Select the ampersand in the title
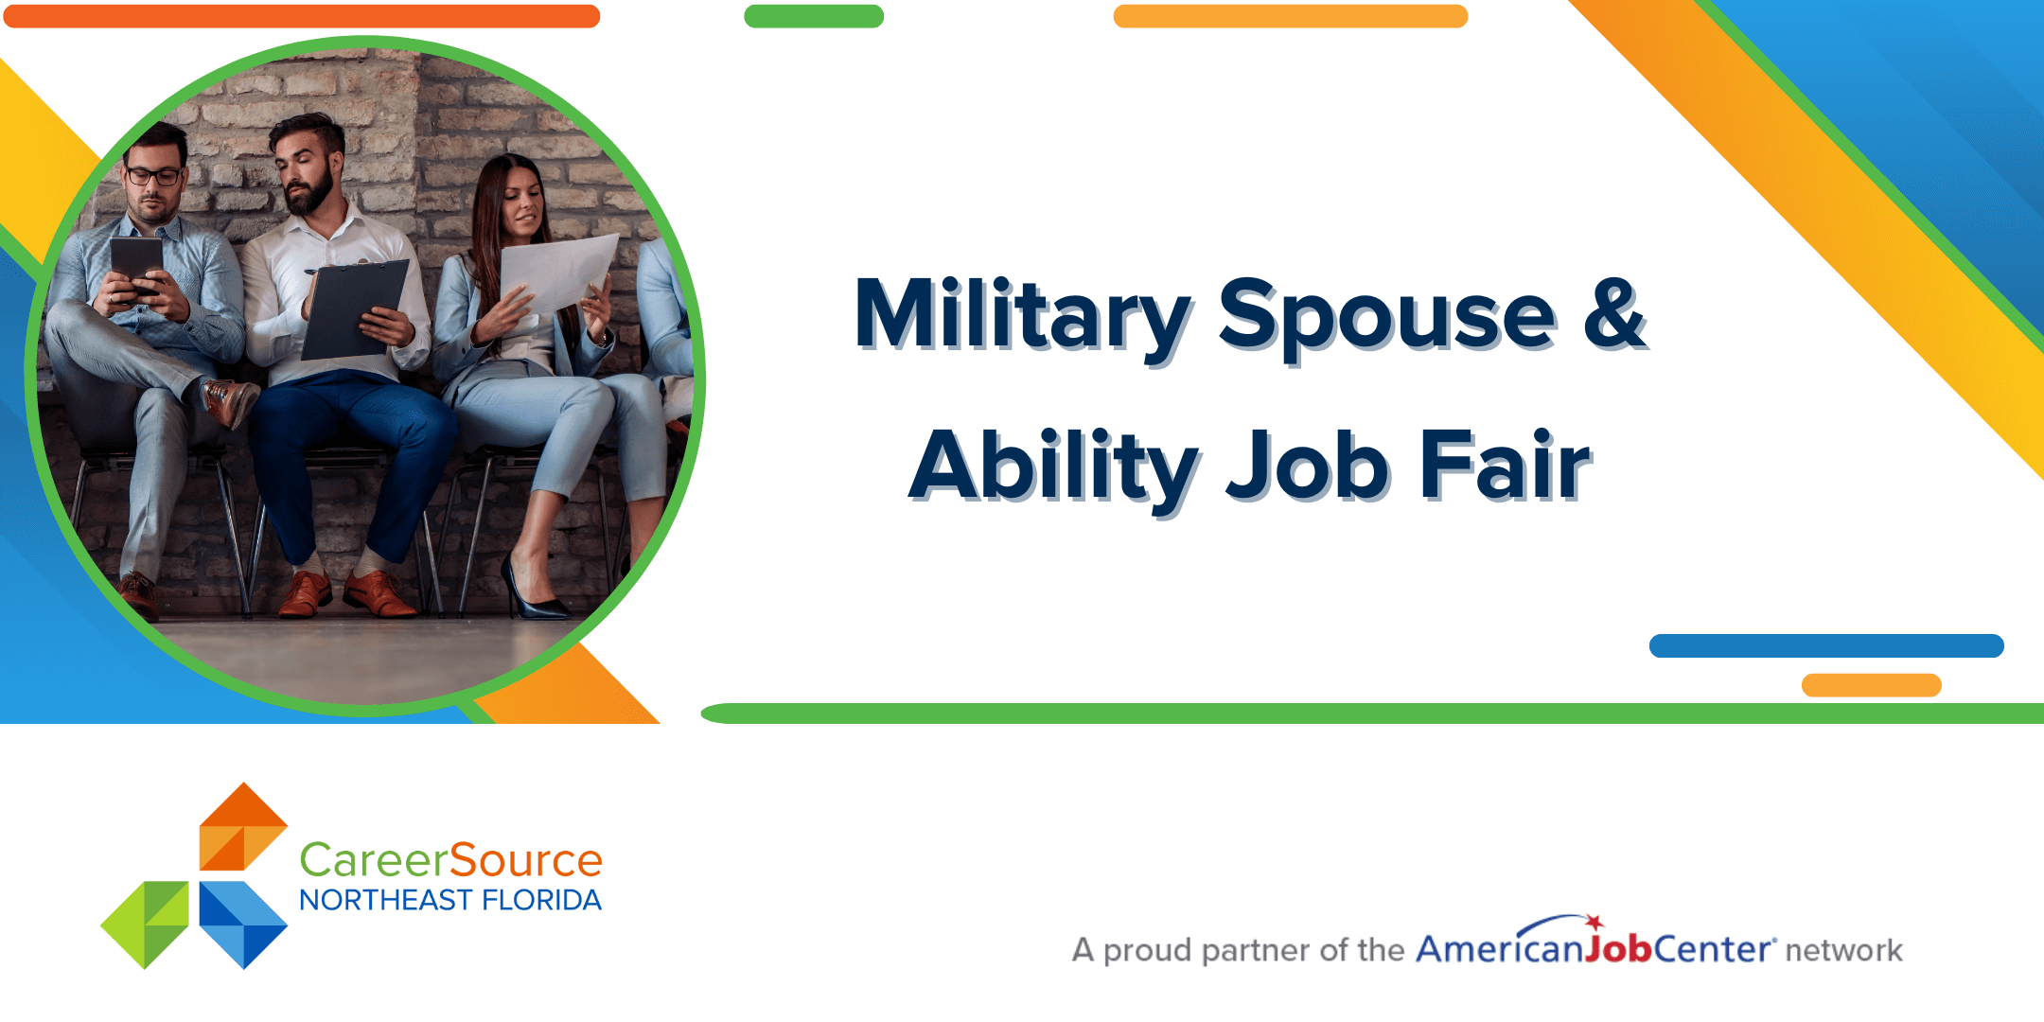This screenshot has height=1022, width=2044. click(x=1616, y=314)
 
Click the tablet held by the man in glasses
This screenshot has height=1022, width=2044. click(x=136, y=264)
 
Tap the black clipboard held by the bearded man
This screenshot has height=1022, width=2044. click(x=355, y=309)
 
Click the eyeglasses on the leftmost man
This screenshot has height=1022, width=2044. click(x=153, y=176)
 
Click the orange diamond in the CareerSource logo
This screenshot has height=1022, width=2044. click(x=243, y=826)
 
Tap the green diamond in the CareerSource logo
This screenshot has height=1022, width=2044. click(x=145, y=925)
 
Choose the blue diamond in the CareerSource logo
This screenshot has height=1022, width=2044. click(x=243, y=925)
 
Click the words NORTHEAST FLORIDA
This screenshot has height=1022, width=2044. click(x=450, y=900)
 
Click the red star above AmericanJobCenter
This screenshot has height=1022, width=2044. click(x=1595, y=922)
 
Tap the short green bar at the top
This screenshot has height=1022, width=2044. click(x=814, y=16)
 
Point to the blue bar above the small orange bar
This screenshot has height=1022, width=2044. click(x=1826, y=645)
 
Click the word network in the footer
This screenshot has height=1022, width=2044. click(x=1843, y=950)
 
